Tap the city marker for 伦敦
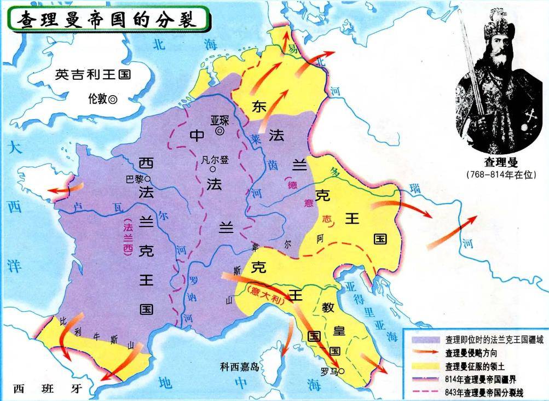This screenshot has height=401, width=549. point(113,100)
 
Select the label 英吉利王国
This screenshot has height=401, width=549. point(93,75)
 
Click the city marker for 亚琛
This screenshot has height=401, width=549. point(219,131)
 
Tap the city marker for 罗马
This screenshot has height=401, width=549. point(342,371)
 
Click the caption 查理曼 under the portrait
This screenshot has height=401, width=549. point(500,162)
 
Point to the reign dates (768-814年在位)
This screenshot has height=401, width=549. point(500,174)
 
